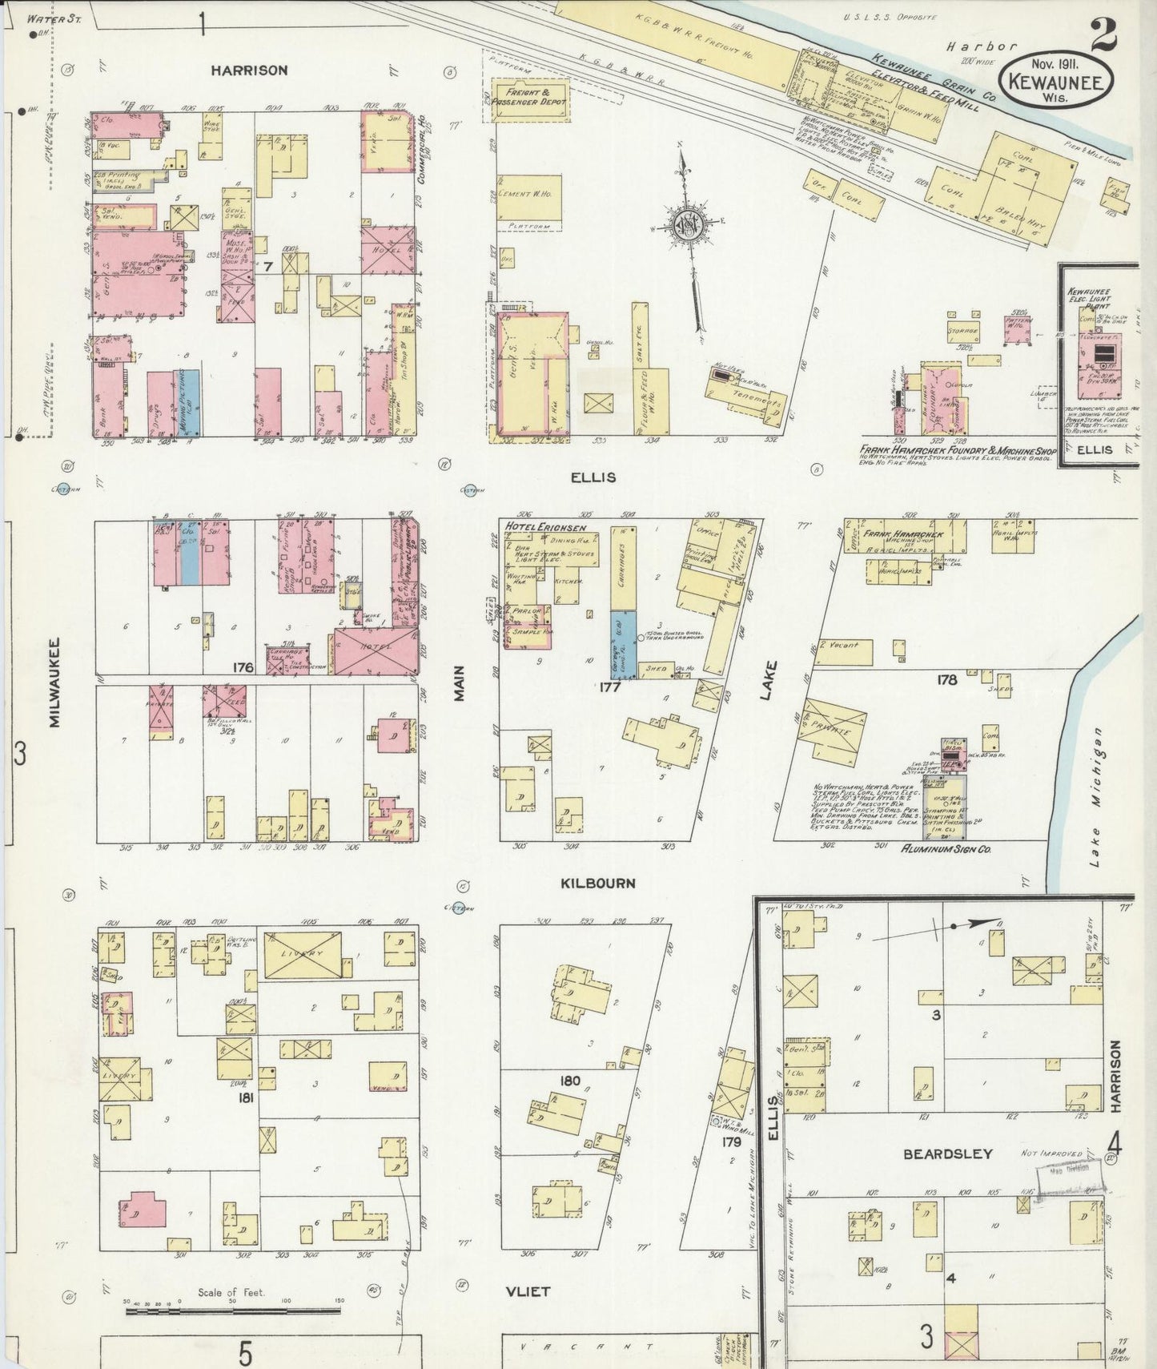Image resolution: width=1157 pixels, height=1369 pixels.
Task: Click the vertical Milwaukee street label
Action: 54,682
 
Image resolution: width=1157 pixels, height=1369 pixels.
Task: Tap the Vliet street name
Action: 528,1291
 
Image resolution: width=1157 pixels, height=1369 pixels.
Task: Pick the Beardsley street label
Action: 947,1154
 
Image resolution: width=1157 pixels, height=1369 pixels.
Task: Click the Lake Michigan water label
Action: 1095,797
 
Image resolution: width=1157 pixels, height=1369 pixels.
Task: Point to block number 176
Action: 243,667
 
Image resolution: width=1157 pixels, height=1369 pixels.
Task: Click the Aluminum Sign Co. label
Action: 946,848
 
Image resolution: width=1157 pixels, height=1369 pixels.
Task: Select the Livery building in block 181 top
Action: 303,954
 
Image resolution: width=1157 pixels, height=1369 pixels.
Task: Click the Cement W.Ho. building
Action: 528,195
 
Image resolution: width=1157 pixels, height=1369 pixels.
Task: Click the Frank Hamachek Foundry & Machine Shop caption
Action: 958,451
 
